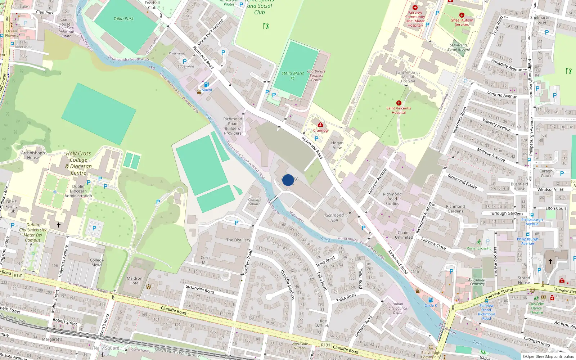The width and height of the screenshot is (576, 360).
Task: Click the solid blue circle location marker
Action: click(x=288, y=180)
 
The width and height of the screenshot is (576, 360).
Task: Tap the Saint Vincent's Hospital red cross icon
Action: click(x=399, y=103)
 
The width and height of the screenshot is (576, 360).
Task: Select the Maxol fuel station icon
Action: click(x=206, y=85)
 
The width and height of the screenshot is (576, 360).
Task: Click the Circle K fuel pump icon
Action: click(x=430, y=300)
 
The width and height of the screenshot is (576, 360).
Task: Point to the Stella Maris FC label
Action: click(x=292, y=76)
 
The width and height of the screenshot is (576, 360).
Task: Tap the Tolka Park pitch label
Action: click(x=123, y=19)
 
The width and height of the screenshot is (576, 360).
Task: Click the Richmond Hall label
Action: click(x=334, y=217)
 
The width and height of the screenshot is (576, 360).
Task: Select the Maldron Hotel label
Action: click(x=134, y=280)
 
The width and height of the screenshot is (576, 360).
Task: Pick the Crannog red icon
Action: click(x=320, y=125)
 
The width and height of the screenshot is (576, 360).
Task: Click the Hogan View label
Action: click(x=337, y=145)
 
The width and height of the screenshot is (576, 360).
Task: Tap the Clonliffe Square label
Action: click(x=255, y=202)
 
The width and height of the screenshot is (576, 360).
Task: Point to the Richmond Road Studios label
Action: click(x=392, y=199)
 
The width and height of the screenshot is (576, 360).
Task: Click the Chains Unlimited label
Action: click(x=404, y=235)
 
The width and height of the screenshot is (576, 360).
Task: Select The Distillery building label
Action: click(x=238, y=240)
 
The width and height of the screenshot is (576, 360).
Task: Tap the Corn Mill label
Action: click(x=205, y=260)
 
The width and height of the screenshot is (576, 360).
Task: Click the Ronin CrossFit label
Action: click(x=479, y=248)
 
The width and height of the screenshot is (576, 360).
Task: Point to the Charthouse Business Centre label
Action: click(x=316, y=76)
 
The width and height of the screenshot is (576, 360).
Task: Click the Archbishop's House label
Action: click(x=33, y=155)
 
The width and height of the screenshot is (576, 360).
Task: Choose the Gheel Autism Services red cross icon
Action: click(x=462, y=15)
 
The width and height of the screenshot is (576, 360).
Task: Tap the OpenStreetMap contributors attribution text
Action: click(x=548, y=356)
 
